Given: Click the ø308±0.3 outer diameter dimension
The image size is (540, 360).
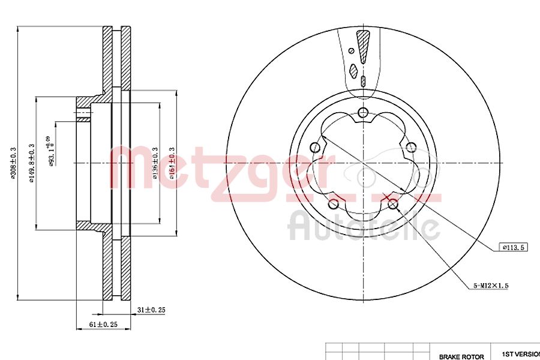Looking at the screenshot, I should pos(13,162).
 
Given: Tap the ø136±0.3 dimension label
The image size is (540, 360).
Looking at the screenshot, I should pos(155,163).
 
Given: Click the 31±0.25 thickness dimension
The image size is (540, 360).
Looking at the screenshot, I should pos(151,310).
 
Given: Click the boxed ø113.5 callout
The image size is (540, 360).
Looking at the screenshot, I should pos(513,247).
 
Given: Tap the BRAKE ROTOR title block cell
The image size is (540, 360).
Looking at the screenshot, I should pos(461,356).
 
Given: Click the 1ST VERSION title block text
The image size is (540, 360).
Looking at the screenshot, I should pos(516,355).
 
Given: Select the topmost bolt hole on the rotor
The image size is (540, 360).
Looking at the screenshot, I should pos(362,113).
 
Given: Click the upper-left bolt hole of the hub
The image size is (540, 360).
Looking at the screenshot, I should pos(314,148).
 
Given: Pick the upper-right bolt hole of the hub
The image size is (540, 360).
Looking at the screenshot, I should pos(411,148).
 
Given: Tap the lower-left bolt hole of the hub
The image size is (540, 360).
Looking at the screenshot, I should pos(333,205).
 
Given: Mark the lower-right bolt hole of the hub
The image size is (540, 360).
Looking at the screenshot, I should pos(393,205).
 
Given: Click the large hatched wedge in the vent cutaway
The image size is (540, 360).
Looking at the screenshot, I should pos(362,46).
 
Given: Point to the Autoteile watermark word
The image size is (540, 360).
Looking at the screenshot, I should pos(363,227).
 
